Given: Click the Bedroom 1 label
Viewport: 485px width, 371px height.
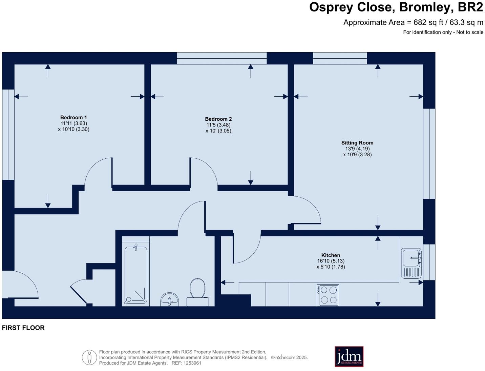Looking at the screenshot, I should (x=73, y=117).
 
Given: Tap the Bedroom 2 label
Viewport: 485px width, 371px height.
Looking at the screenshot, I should (x=218, y=119).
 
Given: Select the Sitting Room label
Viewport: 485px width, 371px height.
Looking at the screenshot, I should (x=357, y=143).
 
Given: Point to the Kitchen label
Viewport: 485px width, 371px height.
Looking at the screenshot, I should (x=331, y=255).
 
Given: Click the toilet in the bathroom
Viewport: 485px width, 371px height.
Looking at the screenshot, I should (x=198, y=290).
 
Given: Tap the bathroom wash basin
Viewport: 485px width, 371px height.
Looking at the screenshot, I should (x=169, y=299).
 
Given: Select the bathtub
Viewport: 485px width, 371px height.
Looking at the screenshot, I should (x=136, y=275).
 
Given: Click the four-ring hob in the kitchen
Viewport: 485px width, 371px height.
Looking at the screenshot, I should (x=328, y=295).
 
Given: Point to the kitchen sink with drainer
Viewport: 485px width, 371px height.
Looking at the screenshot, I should (x=411, y=263).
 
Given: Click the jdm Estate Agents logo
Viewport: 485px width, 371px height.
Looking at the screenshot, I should (x=349, y=356).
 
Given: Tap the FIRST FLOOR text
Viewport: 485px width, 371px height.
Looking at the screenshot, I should (x=23, y=328).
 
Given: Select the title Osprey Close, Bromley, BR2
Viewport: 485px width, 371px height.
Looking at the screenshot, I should (x=396, y=7).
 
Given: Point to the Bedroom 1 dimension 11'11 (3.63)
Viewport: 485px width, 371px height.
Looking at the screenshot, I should (x=73, y=123).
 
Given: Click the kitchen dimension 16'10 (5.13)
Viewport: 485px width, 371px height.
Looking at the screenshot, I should (x=331, y=261).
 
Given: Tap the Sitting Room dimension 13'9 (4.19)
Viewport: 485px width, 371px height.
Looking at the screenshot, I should (x=357, y=149).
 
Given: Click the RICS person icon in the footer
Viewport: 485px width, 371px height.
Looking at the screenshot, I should (x=89, y=357).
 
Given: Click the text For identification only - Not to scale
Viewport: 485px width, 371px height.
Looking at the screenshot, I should (x=443, y=32).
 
